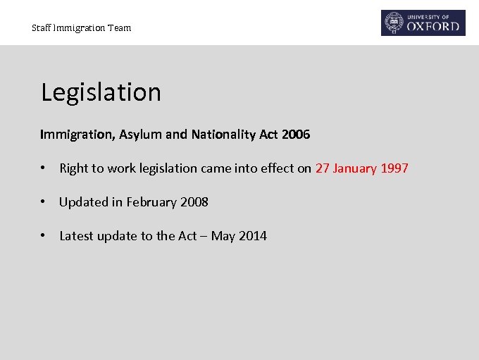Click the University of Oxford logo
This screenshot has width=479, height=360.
[423, 23]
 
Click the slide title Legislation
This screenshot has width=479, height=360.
[101, 92]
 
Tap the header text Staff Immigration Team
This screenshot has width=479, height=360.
[81, 28]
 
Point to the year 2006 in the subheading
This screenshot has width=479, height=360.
[295, 134]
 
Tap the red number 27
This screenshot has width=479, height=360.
[322, 168]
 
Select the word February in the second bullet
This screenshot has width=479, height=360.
[151, 202]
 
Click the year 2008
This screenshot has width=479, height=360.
[194, 202]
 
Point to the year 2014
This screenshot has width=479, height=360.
[252, 236]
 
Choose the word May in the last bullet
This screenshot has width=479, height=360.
[223, 237]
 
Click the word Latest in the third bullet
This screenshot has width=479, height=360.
[77, 236]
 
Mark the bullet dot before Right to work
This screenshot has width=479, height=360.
[44, 168]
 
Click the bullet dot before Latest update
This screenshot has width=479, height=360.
[44, 236]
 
